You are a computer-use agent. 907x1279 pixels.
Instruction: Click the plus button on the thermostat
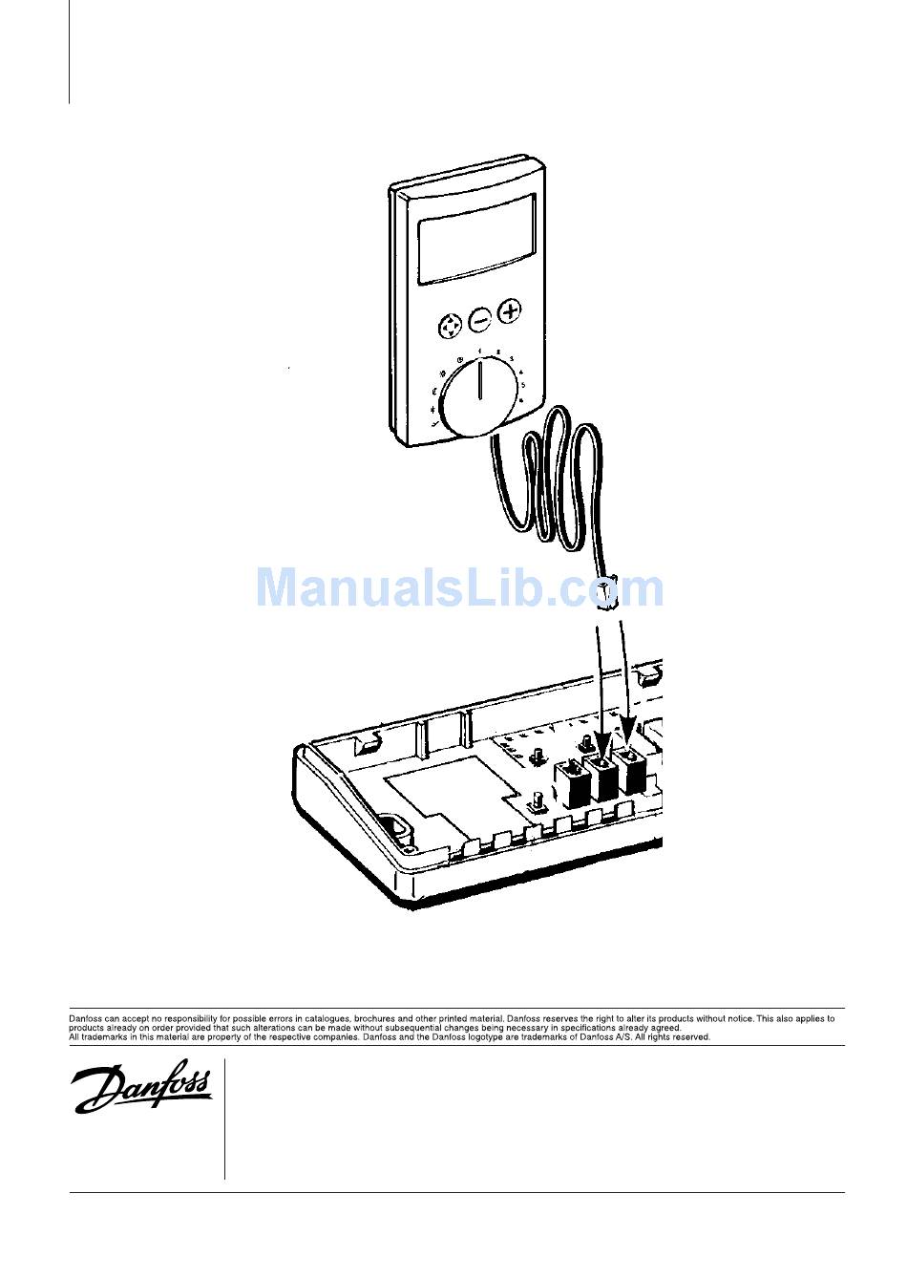click(x=511, y=310)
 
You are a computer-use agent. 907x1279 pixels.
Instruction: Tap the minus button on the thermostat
click(x=479, y=319)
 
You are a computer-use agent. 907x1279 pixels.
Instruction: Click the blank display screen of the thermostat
click(x=476, y=238)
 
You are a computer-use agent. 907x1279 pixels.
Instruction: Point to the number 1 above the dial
click(x=479, y=352)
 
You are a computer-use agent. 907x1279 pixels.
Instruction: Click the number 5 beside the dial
click(x=523, y=385)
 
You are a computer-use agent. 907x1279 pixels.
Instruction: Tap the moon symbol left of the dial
click(x=434, y=391)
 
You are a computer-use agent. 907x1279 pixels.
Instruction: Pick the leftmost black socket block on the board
click(x=576, y=783)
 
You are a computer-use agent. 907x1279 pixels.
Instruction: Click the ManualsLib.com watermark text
click(x=459, y=586)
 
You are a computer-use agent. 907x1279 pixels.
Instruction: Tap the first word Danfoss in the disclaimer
click(x=86, y=1019)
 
